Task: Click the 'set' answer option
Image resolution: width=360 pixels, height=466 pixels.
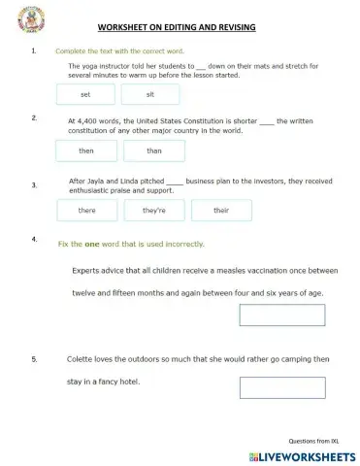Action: [x=85, y=94]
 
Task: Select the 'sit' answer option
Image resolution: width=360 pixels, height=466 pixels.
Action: [x=150, y=94]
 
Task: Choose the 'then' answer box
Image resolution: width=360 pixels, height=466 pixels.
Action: [x=86, y=151]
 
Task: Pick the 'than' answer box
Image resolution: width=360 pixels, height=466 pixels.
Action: [x=154, y=151]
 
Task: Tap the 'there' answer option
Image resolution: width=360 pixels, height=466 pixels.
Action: [x=86, y=210]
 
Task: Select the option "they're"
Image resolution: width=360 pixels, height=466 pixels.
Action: [x=154, y=210]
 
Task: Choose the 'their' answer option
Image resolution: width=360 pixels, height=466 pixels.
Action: [x=220, y=210]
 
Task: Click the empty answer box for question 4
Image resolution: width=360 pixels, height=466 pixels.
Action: [x=276, y=316]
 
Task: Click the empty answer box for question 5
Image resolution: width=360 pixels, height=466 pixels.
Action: [x=276, y=387]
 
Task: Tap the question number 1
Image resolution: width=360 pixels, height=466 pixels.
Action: [x=34, y=50]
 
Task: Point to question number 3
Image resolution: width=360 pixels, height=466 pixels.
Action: [x=34, y=184]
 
